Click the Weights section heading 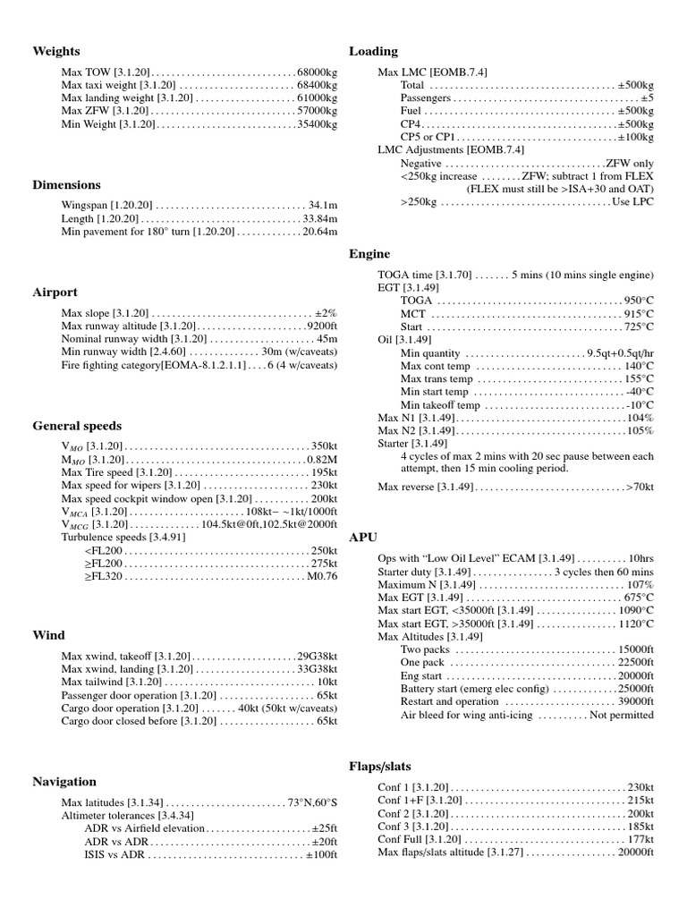tap(55, 51)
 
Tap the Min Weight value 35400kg tap(317, 125)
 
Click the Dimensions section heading tap(66, 185)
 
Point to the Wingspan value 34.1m tap(323, 205)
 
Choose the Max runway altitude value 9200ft tap(321, 327)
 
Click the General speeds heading tap(77, 426)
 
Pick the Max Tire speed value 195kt tap(324, 472)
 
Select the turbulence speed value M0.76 tap(321, 577)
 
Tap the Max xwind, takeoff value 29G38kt tap(317, 656)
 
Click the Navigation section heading tap(64, 782)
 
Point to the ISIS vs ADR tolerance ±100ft tap(320, 855)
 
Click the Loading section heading tap(373, 51)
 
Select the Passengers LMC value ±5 tap(647, 98)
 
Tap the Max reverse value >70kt tap(640, 487)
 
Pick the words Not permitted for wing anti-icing tap(621, 715)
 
